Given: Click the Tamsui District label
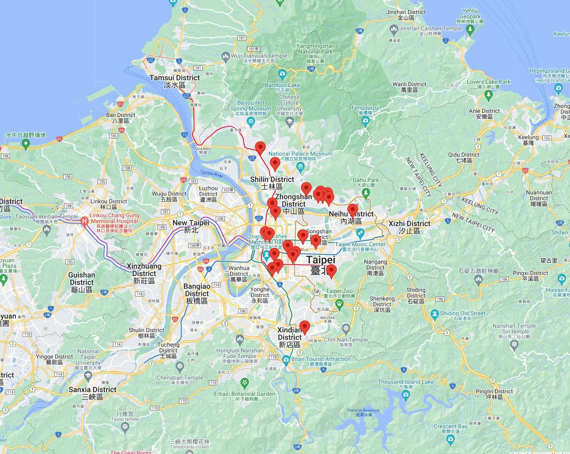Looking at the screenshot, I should coord(175,81).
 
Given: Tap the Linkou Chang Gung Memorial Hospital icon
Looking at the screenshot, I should coord(84,222).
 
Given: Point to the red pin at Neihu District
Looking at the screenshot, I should coord(353,211).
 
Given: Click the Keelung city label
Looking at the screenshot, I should coord(528,140).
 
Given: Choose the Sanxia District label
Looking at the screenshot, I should coord(93,393).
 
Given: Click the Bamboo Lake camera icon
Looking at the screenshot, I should coord(282,73).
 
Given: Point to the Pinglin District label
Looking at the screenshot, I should coord(494,394).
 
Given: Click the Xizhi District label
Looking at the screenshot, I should coord(409,227).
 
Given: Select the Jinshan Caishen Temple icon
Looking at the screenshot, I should coord(393,30).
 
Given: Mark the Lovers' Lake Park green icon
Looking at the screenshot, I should coord(488,95).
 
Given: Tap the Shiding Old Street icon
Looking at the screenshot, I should coord(434,314).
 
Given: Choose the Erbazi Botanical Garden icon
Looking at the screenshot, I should coord(245,382).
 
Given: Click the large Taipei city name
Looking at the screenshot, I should coord(321,264).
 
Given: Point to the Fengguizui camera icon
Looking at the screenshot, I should coord(365,121).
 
